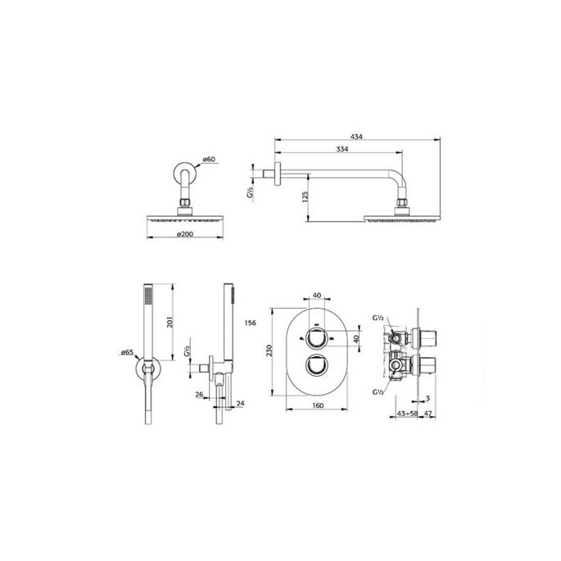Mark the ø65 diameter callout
coord(127,352)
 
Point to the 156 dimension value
coord(251,323)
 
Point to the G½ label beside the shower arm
coord(250,194)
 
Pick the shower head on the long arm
coord(401,218)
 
